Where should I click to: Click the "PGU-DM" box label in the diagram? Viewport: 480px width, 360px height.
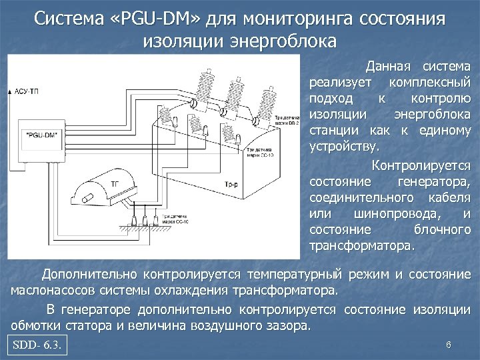(42, 134)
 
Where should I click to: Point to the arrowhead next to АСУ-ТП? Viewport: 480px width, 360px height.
(10, 89)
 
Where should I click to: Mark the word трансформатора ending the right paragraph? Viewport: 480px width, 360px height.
(362, 246)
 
